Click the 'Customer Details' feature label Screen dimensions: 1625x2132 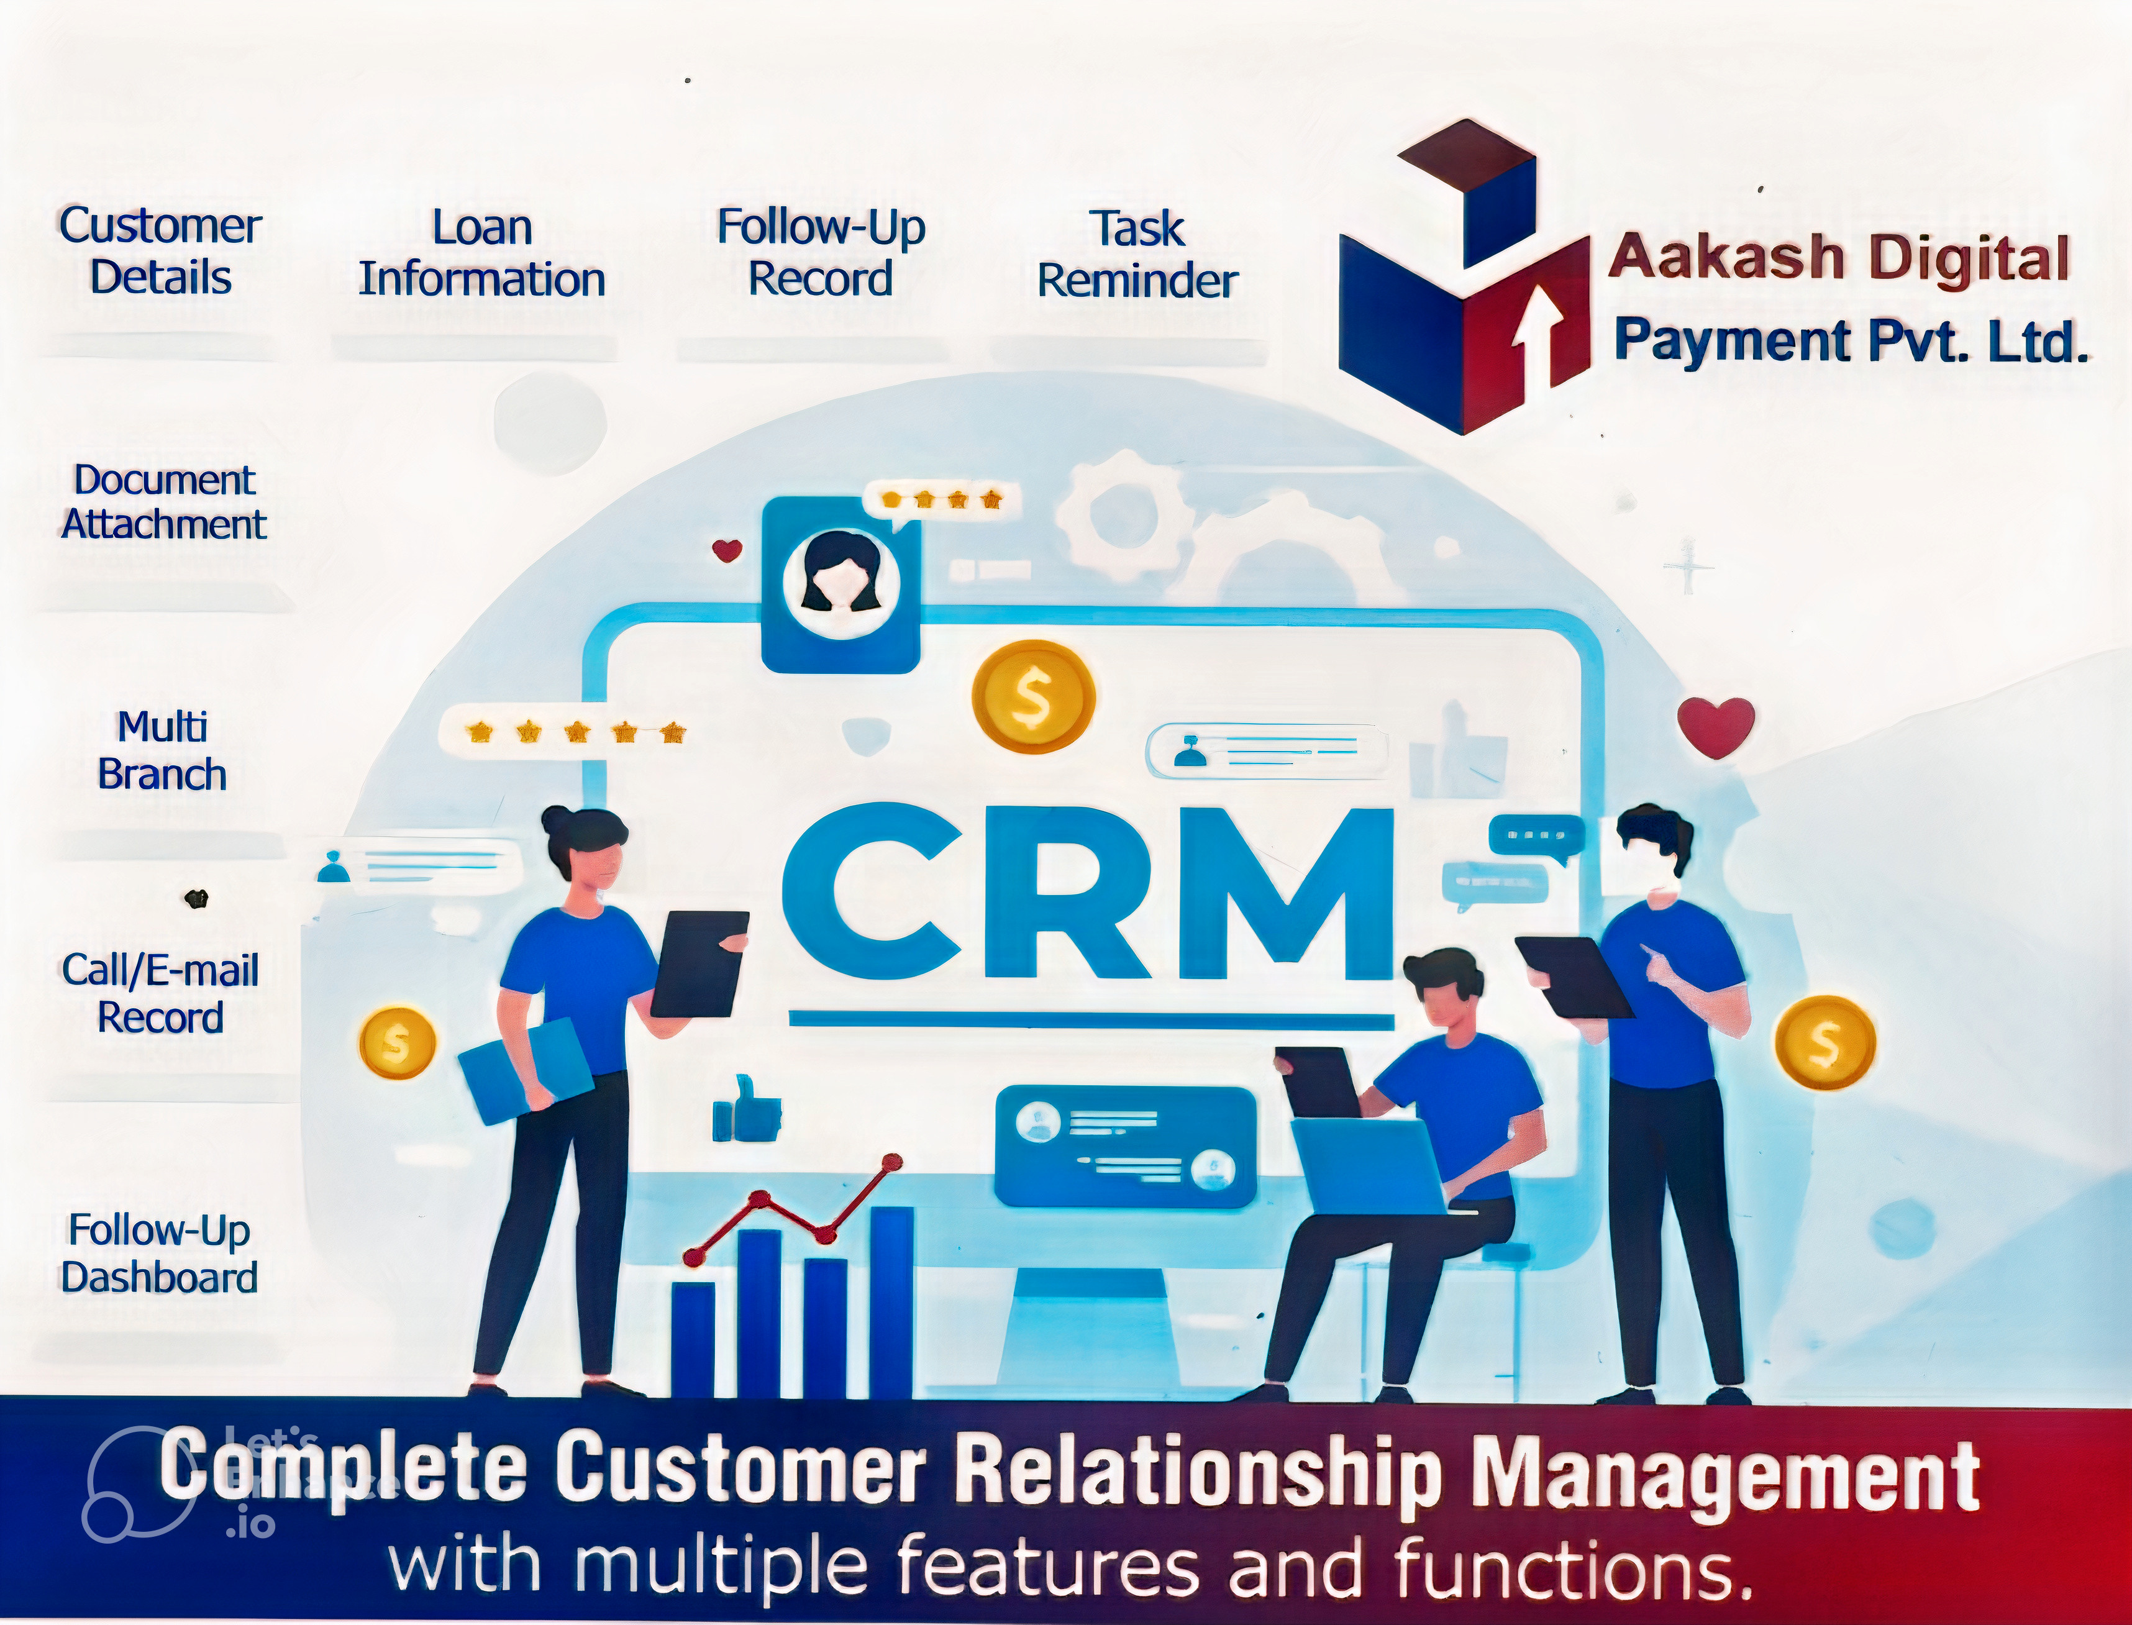pos(160,252)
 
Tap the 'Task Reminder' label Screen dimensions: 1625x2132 pos(1137,255)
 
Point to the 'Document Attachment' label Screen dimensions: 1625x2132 pos(163,502)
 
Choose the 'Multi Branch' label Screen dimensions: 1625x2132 pos(162,750)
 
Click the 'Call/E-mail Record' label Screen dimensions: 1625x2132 pos(160,993)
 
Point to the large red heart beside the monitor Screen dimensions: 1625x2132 pos(1716,726)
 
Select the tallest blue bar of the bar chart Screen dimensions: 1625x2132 pos(891,1301)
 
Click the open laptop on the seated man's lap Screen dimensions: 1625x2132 pos(1369,1165)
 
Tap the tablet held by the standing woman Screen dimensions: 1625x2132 pos(698,963)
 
